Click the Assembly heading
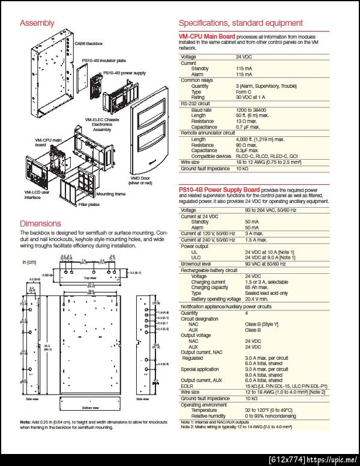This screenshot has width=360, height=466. click(x=37, y=23)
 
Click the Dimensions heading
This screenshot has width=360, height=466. click(x=40, y=223)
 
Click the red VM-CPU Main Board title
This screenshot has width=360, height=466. click(x=207, y=37)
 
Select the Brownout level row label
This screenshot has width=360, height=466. click(x=198, y=264)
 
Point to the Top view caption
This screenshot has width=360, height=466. click(x=89, y=278)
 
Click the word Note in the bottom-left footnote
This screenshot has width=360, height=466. click(x=25, y=422)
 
